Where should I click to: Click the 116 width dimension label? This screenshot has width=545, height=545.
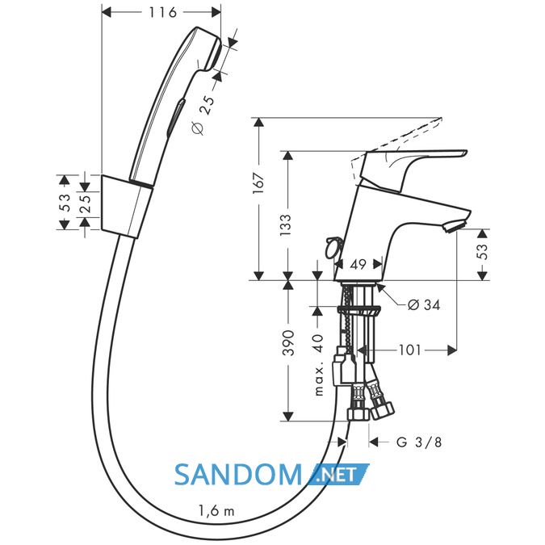point(162,12)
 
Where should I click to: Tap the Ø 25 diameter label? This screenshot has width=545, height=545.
point(203,115)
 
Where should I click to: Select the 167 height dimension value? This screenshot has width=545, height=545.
point(258,183)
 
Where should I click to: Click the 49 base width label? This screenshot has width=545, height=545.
point(358,265)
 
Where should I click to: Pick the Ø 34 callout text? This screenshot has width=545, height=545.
point(423,305)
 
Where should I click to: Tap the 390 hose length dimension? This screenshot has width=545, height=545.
point(288,343)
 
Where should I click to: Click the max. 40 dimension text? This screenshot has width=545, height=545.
point(319,365)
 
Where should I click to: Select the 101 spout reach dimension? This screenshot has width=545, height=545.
point(409,350)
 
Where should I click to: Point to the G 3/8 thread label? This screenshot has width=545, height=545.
point(419,442)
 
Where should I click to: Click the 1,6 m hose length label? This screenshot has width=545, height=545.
point(216,510)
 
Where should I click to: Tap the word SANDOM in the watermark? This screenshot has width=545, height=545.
point(238,475)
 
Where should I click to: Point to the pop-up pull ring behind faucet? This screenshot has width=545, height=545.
point(333,247)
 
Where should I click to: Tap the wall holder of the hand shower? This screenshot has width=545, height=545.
point(126,207)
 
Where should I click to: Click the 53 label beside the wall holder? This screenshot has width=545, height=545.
point(65,203)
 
